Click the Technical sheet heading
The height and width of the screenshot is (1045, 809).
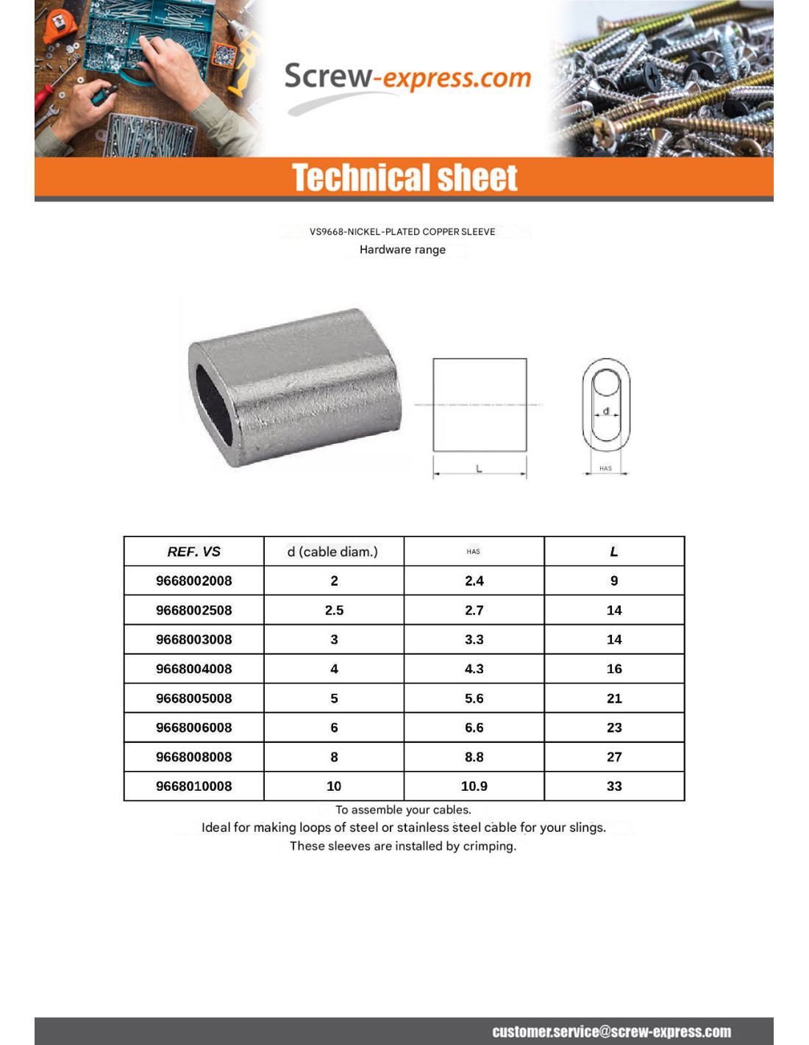(x=404, y=178)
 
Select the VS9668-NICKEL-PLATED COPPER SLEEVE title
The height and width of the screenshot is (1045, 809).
(x=402, y=231)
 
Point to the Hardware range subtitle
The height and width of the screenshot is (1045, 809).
(x=402, y=250)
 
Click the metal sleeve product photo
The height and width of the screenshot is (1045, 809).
(x=295, y=387)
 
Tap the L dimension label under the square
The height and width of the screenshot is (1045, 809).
(x=480, y=468)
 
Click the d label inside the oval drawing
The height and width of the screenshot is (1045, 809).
(x=606, y=411)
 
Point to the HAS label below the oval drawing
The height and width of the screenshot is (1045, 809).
(x=605, y=468)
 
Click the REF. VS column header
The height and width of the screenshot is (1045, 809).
(x=193, y=552)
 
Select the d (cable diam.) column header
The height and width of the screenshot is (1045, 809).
(x=332, y=552)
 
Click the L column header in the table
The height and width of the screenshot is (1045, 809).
(x=614, y=552)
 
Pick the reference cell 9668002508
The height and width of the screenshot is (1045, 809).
(x=193, y=610)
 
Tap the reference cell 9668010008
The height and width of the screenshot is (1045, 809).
(x=193, y=786)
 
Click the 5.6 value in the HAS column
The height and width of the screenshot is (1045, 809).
(x=474, y=698)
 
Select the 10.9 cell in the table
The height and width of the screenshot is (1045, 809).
(x=474, y=786)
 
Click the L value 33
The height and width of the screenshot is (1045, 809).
(x=614, y=786)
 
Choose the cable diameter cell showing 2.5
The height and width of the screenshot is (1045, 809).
(x=334, y=610)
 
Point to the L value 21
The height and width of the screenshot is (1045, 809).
(x=614, y=698)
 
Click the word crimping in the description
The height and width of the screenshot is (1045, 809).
(x=489, y=847)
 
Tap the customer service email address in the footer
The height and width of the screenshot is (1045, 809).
(x=611, y=1032)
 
